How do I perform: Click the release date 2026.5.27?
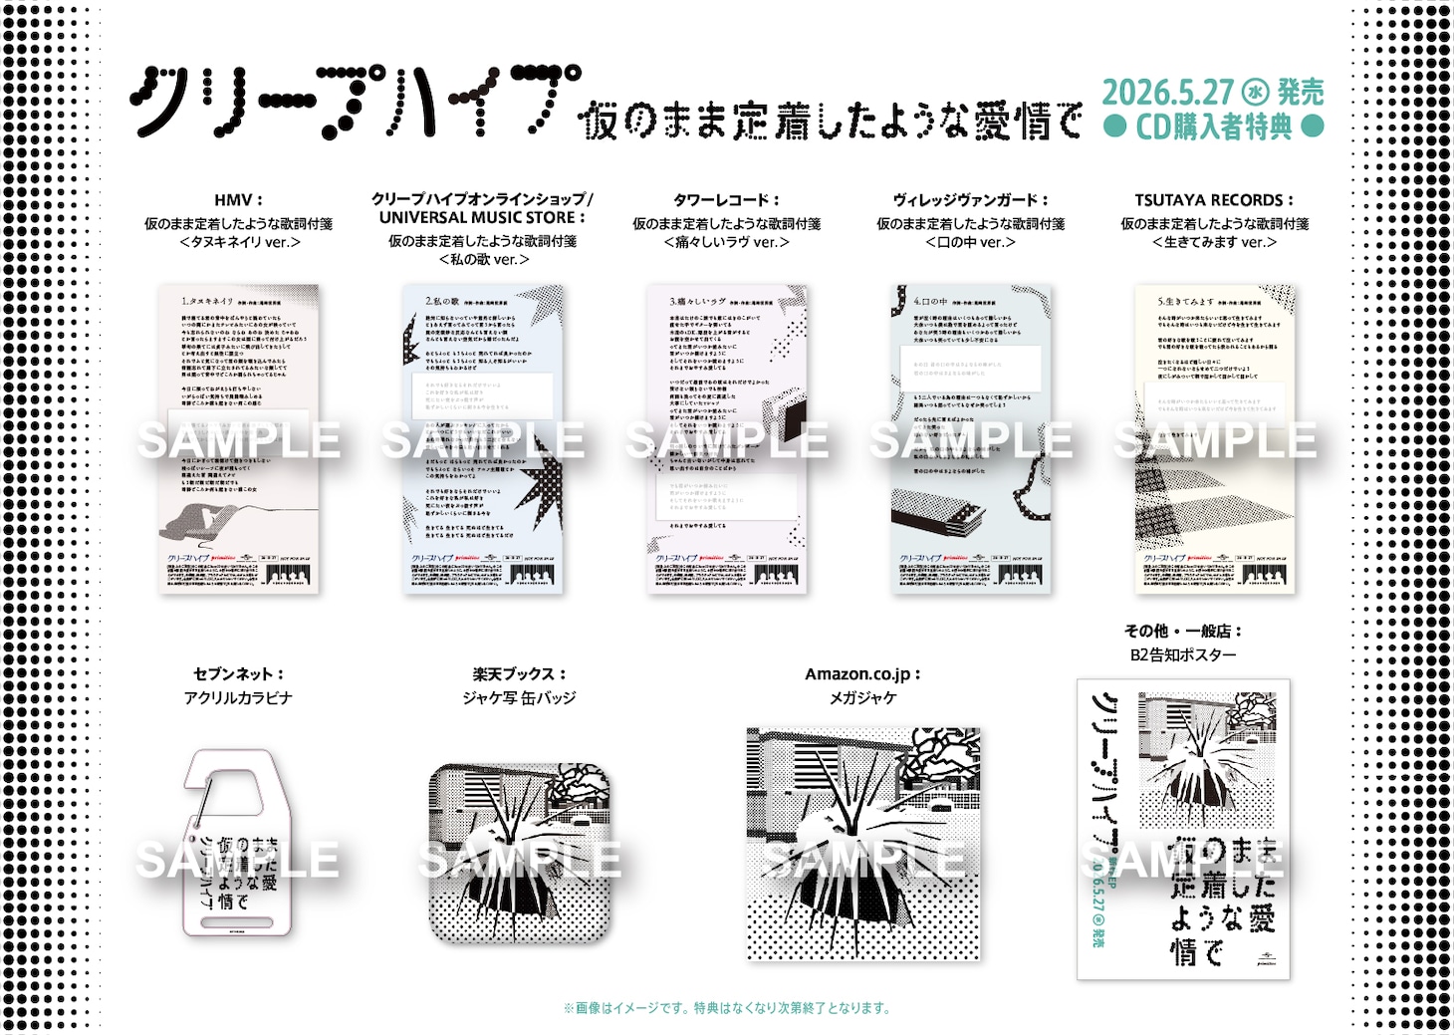tap(1167, 93)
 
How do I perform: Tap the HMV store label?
tap(238, 200)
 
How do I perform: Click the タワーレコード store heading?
tap(726, 200)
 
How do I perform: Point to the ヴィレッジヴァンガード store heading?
tap(970, 200)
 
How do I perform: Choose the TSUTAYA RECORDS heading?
tap(1214, 200)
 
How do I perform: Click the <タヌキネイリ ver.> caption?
tap(239, 242)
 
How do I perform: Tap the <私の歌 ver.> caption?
tap(483, 260)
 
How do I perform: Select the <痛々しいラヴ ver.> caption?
tap(726, 242)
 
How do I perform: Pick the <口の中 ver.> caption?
tap(970, 242)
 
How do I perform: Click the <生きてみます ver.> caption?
tap(1214, 242)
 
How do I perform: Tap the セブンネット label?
tap(238, 674)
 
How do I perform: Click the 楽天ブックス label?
tap(519, 674)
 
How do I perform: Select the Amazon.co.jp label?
tap(862, 674)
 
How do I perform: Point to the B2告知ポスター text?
tap(1183, 654)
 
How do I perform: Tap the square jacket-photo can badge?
tap(519, 853)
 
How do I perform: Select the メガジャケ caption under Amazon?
tap(862, 698)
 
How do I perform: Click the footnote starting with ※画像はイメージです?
tap(726, 1008)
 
